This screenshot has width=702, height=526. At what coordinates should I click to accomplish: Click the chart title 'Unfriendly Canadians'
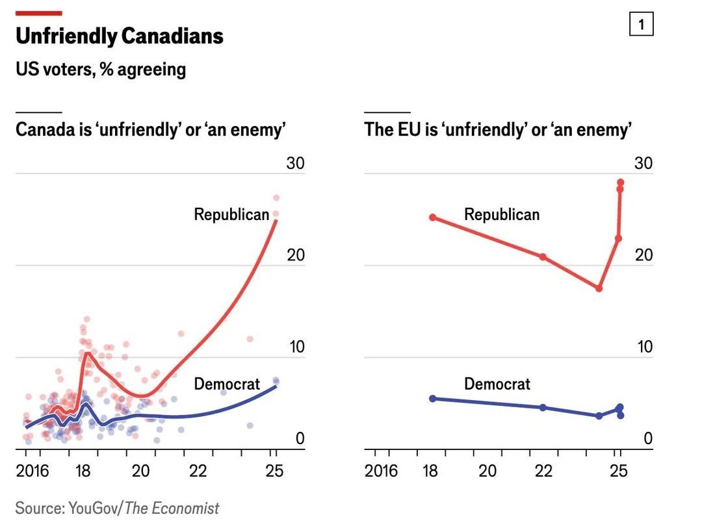pos(120,36)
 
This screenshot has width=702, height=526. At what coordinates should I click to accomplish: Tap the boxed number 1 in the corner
pos(642,25)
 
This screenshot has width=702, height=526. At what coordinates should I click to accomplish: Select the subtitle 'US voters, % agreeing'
pos(101,69)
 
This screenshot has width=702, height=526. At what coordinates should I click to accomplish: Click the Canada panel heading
pos(151,129)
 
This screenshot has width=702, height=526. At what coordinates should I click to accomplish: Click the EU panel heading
pos(498,129)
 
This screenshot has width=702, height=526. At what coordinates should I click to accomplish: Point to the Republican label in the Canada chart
pos(231,214)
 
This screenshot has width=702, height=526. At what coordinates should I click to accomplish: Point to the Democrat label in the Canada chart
pos(227,384)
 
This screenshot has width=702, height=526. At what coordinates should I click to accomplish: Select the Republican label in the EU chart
pos(502,214)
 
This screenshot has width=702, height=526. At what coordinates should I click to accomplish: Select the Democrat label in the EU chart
pos(497,384)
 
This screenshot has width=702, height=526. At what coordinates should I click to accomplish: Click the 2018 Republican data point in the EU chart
pos(433,218)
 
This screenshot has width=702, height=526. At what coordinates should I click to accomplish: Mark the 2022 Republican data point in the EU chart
pos(543,257)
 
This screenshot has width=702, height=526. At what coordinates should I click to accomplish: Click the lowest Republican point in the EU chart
pos(599,288)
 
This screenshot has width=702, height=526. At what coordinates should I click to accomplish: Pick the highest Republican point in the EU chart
pos(621,182)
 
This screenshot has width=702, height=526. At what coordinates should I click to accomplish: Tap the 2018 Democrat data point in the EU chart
pos(433,398)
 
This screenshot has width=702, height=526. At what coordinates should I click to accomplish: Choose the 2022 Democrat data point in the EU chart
pos(543,407)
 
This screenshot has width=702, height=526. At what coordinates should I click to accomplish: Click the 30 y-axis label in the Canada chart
pos(296,163)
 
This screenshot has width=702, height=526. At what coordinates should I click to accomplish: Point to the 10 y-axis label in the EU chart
pos(643,347)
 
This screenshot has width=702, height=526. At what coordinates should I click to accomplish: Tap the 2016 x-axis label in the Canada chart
pos(32,471)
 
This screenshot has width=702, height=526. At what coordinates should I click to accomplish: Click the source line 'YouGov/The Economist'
pos(118,508)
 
